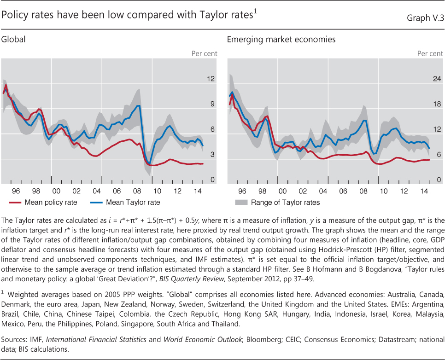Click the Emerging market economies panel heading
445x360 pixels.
281,40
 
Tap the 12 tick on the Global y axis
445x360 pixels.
211,79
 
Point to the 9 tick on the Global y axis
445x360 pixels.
212,105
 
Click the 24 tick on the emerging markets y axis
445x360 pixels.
436,79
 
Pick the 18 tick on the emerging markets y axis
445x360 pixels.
436,105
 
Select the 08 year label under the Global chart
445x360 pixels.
137,190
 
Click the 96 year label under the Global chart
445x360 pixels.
16,190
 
